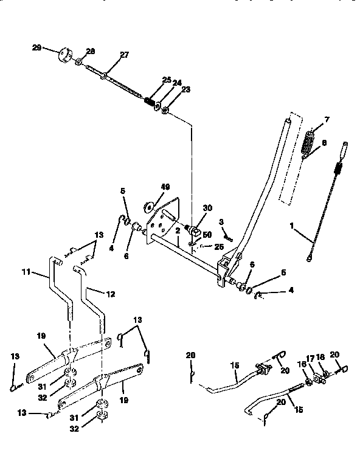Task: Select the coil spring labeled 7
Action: [310, 144]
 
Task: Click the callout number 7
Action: [327, 120]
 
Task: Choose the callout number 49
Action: [148, 187]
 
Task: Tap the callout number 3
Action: [222, 222]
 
